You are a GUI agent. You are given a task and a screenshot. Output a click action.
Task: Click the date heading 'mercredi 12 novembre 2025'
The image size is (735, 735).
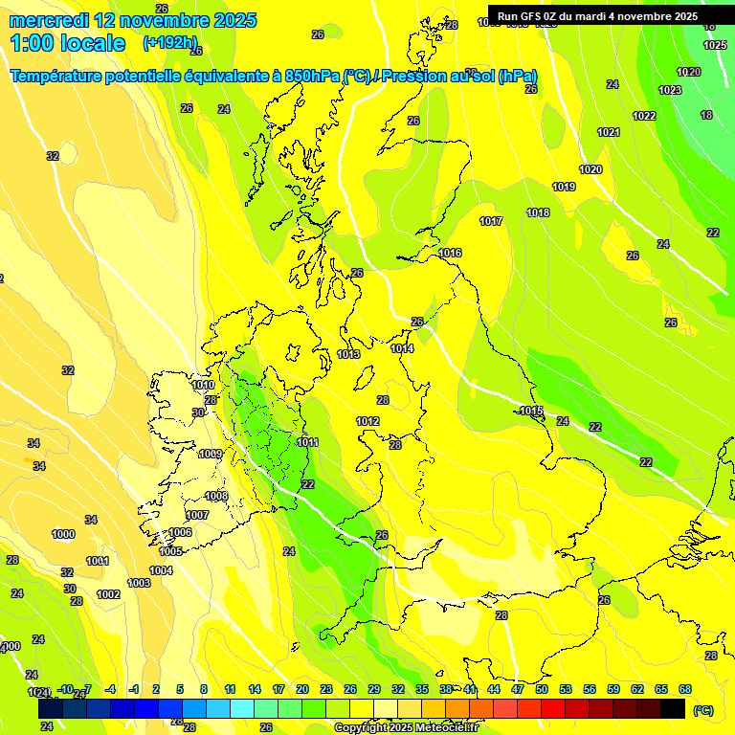[132, 20]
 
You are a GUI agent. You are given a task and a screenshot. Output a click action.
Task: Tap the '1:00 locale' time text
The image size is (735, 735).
[68, 43]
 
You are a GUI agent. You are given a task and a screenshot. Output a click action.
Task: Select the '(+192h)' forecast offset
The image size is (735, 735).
[170, 43]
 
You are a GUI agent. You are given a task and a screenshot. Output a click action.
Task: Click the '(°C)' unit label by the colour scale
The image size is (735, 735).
[703, 709]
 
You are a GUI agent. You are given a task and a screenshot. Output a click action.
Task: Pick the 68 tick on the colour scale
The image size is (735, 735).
[685, 689]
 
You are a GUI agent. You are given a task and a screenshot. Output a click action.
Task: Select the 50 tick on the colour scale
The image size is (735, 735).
[542, 689]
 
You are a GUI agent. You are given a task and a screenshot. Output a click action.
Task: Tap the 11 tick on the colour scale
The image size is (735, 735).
[230, 689]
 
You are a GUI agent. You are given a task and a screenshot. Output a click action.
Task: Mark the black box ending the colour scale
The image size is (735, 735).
[673, 708]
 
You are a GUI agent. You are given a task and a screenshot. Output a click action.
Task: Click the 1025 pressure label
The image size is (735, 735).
[715, 45]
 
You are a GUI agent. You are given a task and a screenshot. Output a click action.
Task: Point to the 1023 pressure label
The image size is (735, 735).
[670, 90]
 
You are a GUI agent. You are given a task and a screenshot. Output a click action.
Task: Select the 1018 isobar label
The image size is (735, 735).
[538, 212]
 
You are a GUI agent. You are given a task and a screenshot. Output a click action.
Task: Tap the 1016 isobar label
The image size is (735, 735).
[451, 253]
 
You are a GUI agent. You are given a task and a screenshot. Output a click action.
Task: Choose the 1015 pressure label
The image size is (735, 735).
[532, 411]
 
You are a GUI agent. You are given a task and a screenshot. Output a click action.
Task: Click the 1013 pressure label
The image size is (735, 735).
[348, 354]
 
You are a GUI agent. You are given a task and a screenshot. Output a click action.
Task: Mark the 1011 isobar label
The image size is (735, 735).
[307, 442]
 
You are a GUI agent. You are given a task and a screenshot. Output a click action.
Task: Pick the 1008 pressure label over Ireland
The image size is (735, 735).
[216, 496]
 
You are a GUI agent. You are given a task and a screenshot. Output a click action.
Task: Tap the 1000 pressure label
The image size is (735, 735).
[63, 534]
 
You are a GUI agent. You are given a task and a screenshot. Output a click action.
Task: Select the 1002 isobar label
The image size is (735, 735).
[108, 594]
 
